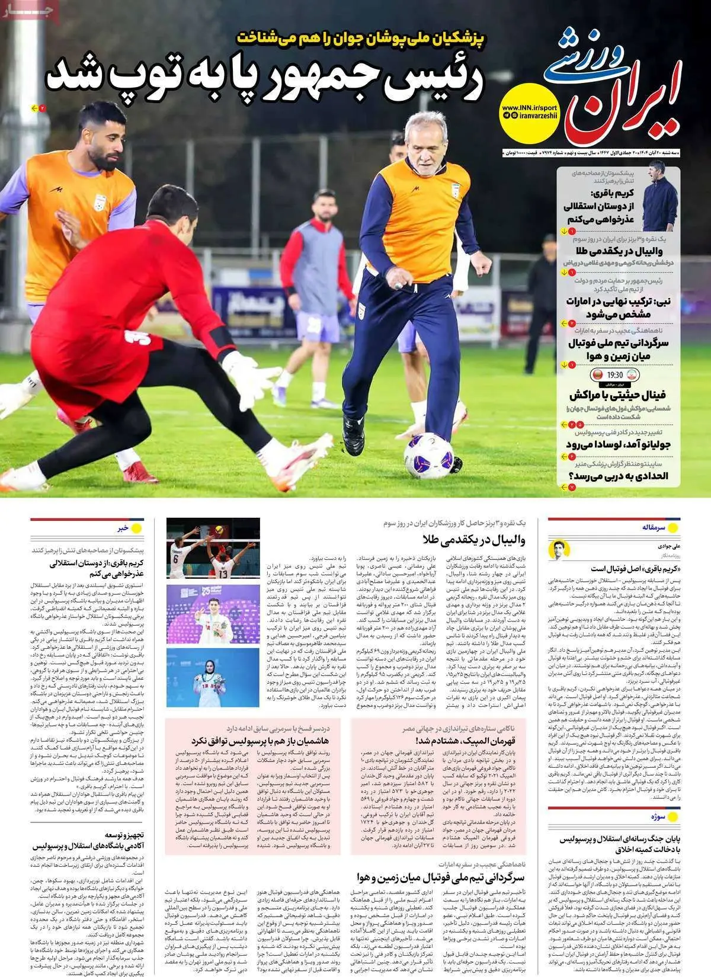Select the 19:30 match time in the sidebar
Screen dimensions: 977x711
pos(615,375)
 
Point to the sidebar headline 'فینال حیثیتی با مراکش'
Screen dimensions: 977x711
pos(617,395)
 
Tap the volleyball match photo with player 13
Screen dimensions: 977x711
pos(213,548)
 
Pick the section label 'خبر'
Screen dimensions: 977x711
pos(123,528)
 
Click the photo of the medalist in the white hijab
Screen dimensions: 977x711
pos(213,677)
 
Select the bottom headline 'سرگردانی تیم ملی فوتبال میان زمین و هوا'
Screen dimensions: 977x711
pos(441,877)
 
